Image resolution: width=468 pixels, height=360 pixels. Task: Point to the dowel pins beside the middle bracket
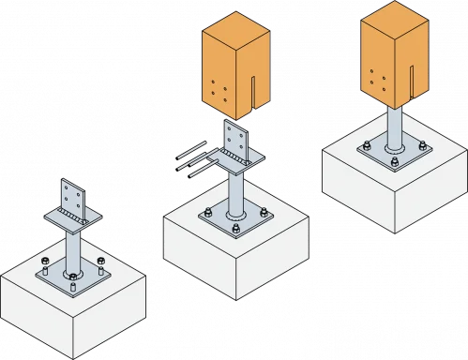click(x=189, y=158)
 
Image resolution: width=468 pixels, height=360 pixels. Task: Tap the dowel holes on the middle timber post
click(x=220, y=90)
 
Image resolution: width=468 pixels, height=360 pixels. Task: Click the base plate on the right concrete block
click(x=394, y=154)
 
